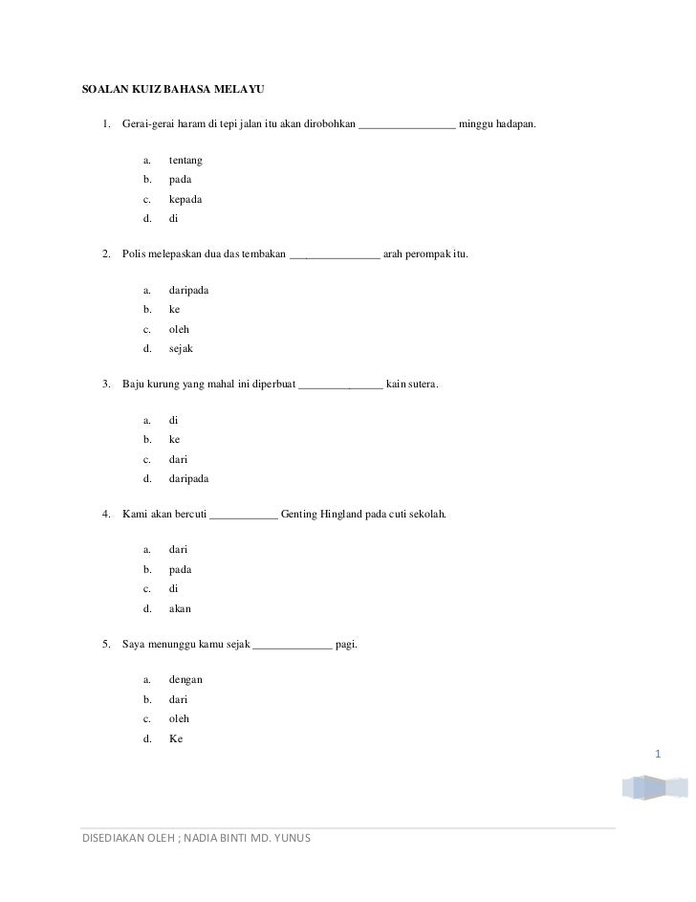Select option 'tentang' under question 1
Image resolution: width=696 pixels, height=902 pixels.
[185, 161]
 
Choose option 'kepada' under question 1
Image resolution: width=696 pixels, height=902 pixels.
[185, 199]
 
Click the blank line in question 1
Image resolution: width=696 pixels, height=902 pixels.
[407, 126]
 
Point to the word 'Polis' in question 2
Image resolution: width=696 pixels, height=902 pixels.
[135, 256]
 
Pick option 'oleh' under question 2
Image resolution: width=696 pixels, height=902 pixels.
[179, 329]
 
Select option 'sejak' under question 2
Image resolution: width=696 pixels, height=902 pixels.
[181, 348]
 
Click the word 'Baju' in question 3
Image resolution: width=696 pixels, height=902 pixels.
[134, 385]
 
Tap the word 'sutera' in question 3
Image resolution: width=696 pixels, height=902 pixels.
[422, 385]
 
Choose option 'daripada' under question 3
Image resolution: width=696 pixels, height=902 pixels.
[188, 478]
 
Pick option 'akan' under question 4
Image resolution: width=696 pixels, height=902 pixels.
[180, 607]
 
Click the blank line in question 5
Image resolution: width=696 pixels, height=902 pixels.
[293, 646]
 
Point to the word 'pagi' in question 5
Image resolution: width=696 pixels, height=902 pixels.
[347, 646]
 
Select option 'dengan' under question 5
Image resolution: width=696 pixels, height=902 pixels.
[185, 680]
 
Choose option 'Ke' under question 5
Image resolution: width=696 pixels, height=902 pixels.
[175, 737]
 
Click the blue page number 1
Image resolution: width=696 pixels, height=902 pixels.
[658, 757]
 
